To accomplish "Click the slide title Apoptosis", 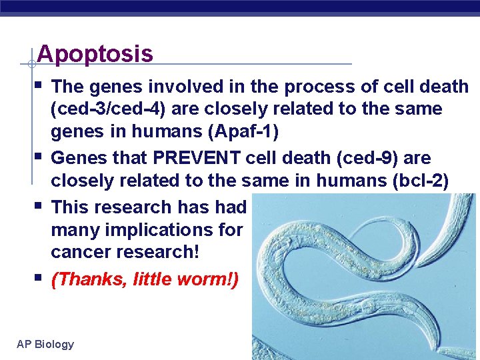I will [95, 54].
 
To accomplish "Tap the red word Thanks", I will [89, 279].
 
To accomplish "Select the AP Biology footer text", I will [45, 344].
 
